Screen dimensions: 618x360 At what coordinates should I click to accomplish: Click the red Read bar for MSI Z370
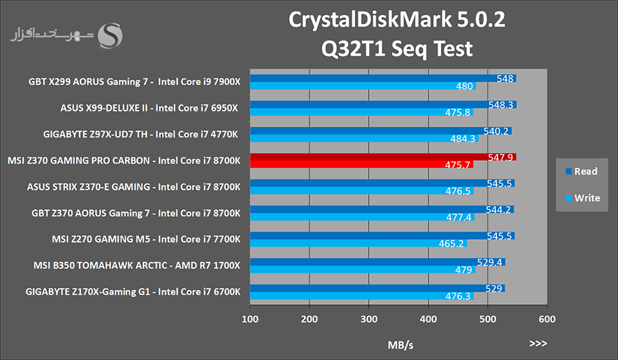click(x=382, y=157)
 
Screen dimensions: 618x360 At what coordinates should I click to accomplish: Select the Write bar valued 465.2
click(x=358, y=243)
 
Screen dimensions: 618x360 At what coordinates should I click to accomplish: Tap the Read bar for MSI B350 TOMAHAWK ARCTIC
click(x=378, y=262)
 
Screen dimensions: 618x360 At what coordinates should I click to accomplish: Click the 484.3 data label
click(x=463, y=139)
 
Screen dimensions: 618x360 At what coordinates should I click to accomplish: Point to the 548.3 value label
click(x=501, y=105)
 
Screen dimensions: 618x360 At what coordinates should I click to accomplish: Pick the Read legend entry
click(x=582, y=172)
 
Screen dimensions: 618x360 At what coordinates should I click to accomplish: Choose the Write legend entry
click(x=582, y=198)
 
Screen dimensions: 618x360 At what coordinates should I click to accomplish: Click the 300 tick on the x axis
click(x=369, y=319)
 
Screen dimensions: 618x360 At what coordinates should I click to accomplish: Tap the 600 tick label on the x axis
click(x=547, y=319)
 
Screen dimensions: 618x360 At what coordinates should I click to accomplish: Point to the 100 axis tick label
click(x=250, y=319)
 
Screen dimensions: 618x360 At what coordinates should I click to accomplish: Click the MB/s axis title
click(x=400, y=346)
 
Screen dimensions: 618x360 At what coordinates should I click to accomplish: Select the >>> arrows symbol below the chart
click(x=538, y=344)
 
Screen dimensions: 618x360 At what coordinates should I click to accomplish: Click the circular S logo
click(x=111, y=36)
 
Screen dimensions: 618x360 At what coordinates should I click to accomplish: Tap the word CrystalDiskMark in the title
click(x=370, y=20)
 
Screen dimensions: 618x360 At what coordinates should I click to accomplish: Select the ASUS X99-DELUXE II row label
click(x=149, y=108)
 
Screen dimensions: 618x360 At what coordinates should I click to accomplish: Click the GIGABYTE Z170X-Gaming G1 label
click(x=133, y=292)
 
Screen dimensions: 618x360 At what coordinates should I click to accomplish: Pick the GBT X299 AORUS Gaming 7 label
click(x=135, y=82)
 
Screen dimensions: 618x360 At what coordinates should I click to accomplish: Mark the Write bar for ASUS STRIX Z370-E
click(x=362, y=191)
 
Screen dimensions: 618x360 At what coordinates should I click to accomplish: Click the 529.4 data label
click(x=489, y=262)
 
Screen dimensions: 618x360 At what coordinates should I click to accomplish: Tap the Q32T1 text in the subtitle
click(x=353, y=49)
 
